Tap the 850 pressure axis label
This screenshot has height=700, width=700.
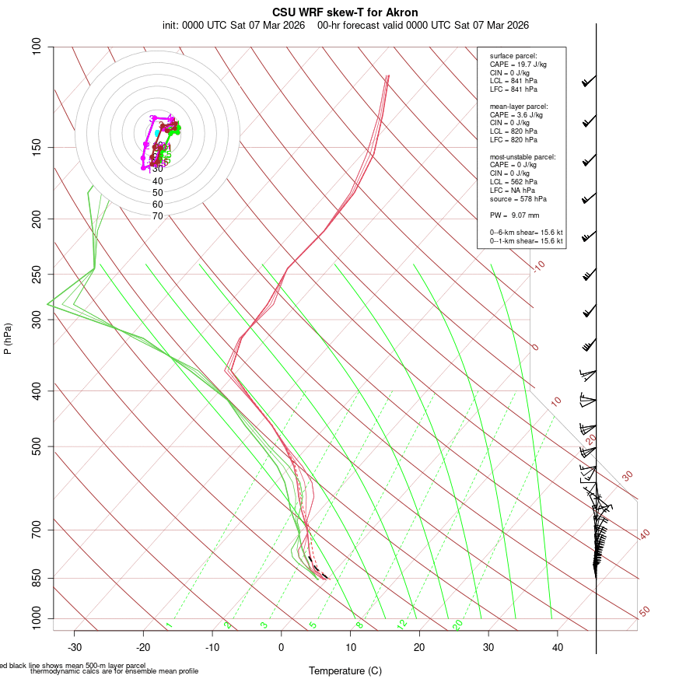pyautogui.click(x=37, y=578)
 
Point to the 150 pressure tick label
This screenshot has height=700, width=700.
pyautogui.click(x=37, y=147)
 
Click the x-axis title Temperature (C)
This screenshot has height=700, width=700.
pyautogui.click(x=345, y=670)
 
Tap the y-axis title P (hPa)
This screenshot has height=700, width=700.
pyautogui.click(x=8, y=338)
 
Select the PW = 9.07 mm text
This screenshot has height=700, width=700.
pyautogui.click(x=514, y=215)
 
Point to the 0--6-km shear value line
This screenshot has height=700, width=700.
pyautogui.click(x=526, y=233)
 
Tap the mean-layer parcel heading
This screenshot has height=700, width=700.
pyautogui.click(x=519, y=106)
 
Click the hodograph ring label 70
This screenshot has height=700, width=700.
pyautogui.click(x=158, y=216)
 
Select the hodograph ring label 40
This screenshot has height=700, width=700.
pyautogui.click(x=158, y=180)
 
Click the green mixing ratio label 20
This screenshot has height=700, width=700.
pyautogui.click(x=457, y=624)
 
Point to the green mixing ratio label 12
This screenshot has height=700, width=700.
pyautogui.click(x=402, y=625)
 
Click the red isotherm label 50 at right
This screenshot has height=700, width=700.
pyautogui.click(x=645, y=612)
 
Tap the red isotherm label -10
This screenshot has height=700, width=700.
pyautogui.click(x=538, y=266)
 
